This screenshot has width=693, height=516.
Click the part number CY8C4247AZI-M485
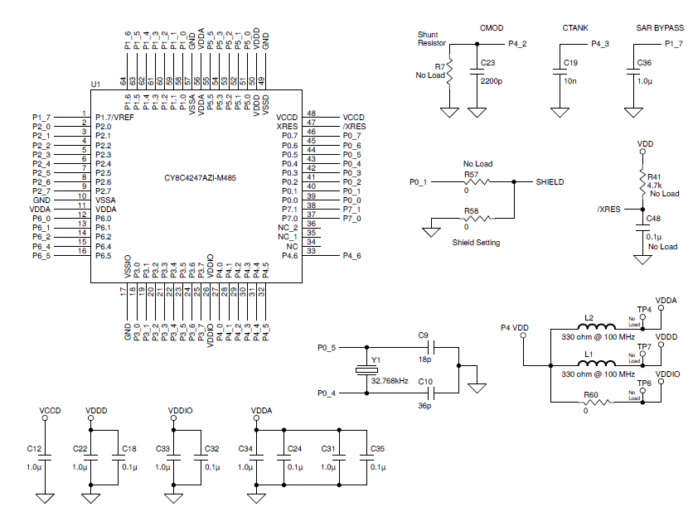point(195,178)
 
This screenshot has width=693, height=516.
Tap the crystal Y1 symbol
point(362,371)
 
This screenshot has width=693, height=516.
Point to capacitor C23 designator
point(487,62)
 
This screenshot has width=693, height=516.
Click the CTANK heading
point(574,28)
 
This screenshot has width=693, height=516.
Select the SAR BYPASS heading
point(660,28)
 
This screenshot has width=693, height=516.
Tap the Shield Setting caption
point(476,243)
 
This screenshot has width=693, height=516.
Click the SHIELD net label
point(550,181)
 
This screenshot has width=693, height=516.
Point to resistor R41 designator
point(655,176)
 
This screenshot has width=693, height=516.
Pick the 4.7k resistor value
point(655,185)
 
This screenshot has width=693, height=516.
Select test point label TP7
point(643,346)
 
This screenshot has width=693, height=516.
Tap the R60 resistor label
point(590,394)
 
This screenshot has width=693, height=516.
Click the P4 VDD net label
point(514,328)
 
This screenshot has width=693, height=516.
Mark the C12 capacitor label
point(33,448)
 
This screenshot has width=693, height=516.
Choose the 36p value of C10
point(425,406)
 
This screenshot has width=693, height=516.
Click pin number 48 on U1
point(311,113)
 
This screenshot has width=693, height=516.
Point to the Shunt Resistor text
point(432,38)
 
